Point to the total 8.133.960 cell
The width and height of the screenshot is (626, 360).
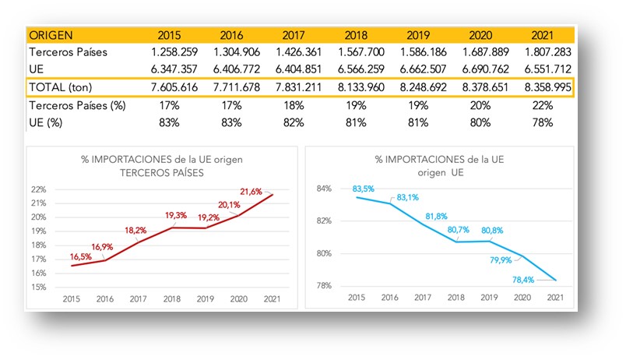coord(355,87)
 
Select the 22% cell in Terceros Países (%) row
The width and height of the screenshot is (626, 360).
coord(543,104)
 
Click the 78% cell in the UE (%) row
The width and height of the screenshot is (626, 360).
coord(543,122)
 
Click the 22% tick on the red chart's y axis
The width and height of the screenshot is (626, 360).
coord(41,189)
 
